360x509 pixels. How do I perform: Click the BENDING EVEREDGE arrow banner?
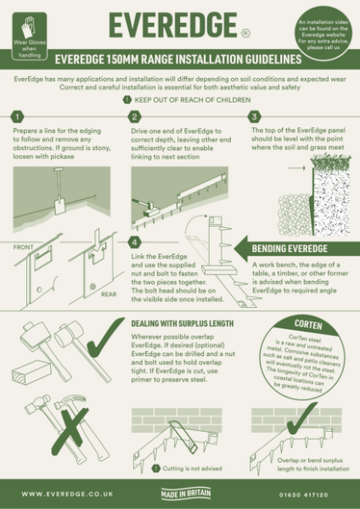pyautogui.click(x=293, y=249)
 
